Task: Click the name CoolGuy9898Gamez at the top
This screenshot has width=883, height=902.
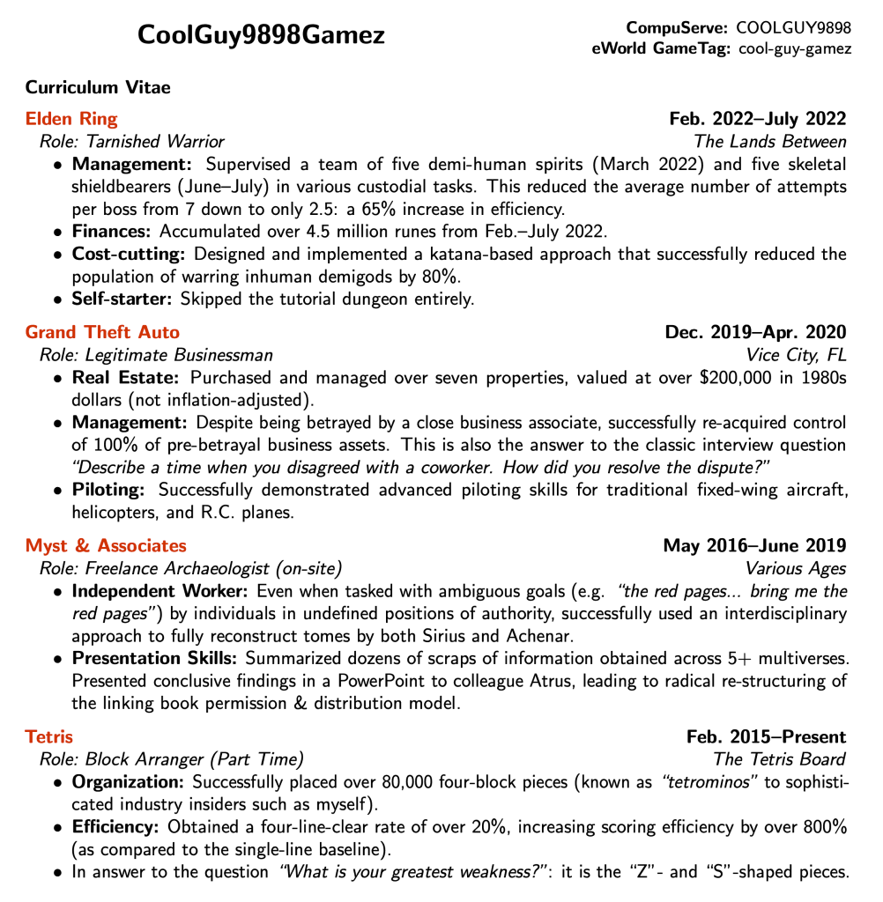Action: tap(261, 35)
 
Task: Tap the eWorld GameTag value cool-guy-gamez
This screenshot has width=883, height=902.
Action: tap(795, 48)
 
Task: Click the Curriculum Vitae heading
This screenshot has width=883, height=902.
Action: tap(98, 87)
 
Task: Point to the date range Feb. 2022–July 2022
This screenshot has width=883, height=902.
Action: tap(758, 119)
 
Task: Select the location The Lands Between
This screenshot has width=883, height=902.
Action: tap(769, 141)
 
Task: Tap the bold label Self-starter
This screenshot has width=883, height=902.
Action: tap(122, 298)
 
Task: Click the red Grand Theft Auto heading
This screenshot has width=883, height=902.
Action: tap(102, 332)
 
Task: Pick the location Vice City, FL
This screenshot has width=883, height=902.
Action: tap(796, 355)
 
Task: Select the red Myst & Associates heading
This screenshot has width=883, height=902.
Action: tap(106, 546)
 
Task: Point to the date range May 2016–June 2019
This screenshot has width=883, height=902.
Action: tap(754, 546)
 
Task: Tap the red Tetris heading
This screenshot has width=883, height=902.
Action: tap(49, 736)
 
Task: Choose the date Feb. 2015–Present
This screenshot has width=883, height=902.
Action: tap(766, 736)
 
